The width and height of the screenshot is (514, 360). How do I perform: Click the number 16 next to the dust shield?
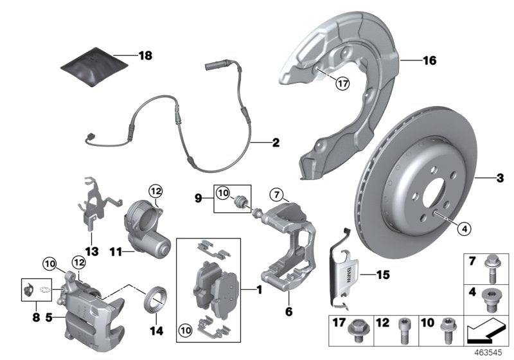tap(429, 61)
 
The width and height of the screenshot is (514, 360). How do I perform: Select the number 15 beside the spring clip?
tap(383, 274)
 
